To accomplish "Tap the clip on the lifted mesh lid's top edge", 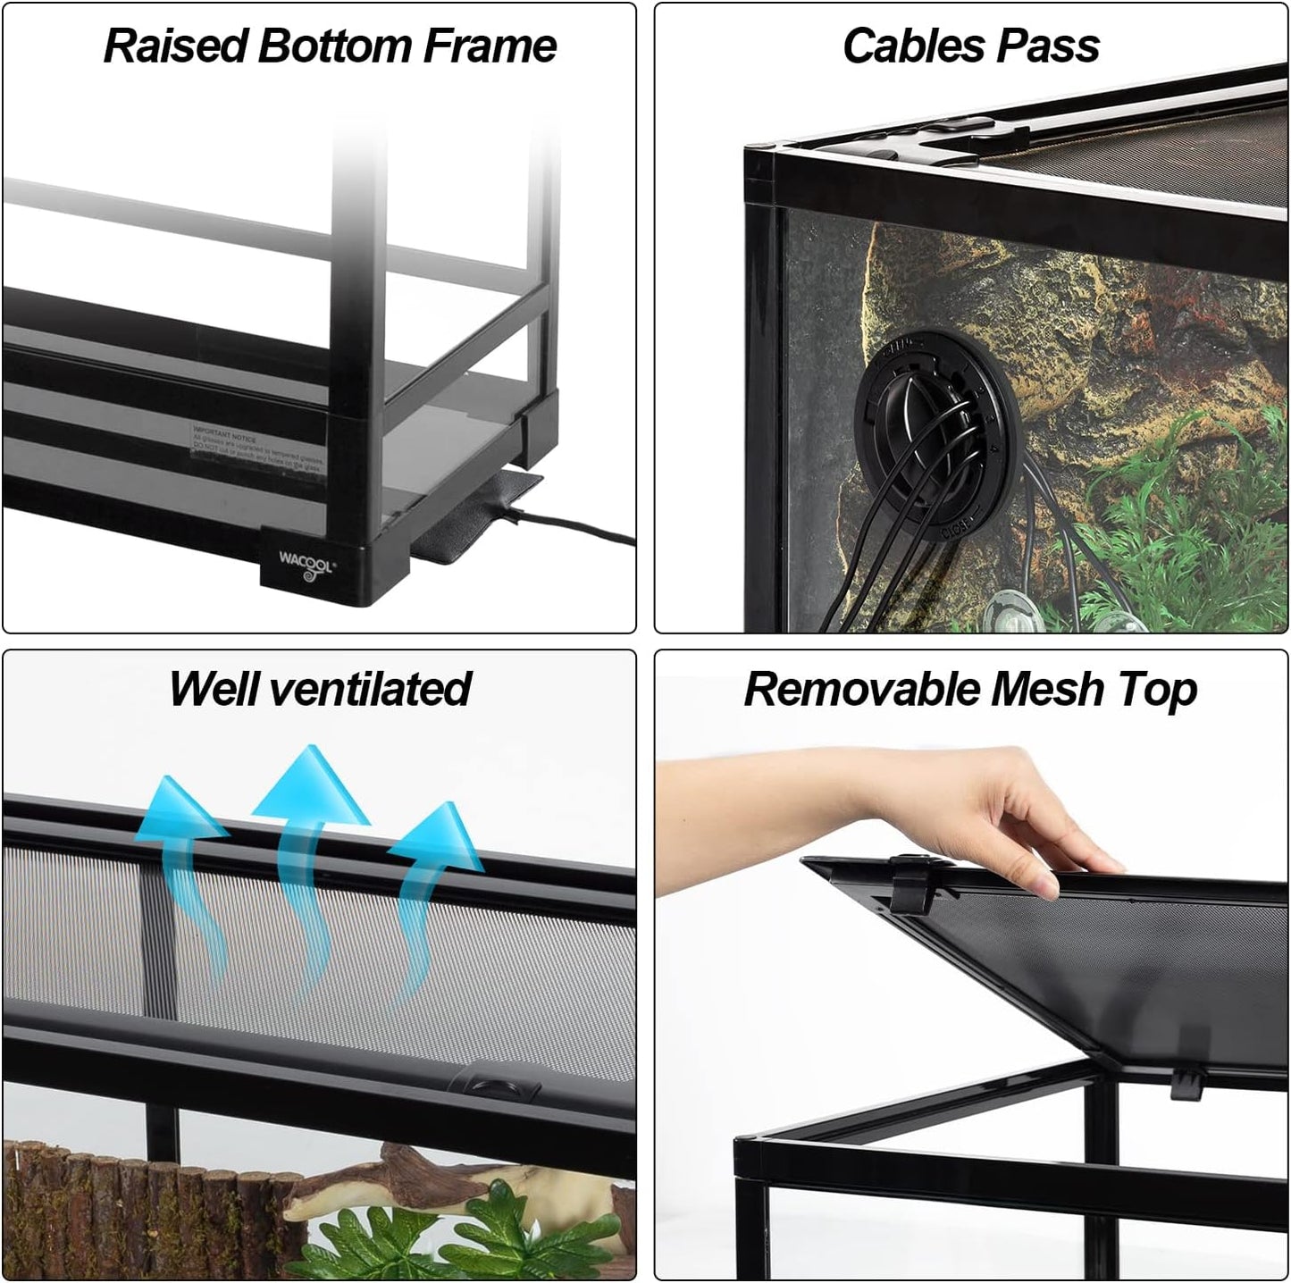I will coord(906,879).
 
